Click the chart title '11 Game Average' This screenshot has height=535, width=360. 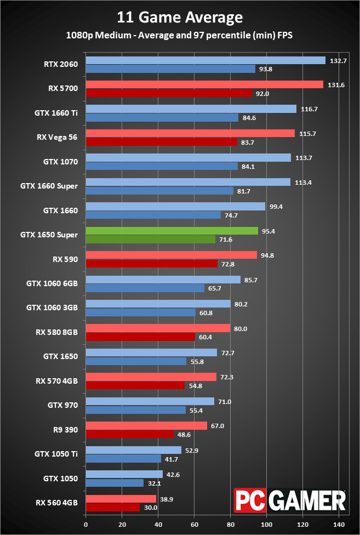180,18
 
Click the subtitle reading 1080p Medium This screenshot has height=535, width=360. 180,36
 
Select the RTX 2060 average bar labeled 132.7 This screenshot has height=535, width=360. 205,60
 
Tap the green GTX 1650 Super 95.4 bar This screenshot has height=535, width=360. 172,231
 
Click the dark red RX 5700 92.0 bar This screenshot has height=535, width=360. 169,93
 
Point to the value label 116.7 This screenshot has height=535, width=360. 310,109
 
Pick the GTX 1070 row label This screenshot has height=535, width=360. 60,162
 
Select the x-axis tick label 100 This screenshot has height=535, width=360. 266,525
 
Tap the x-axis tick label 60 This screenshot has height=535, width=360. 194,525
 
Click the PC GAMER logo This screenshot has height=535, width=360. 290,500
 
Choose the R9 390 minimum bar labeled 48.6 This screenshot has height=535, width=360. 129,434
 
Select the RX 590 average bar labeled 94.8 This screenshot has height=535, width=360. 171,255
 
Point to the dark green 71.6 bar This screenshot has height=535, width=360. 150,240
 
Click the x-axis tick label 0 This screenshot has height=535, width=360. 85,525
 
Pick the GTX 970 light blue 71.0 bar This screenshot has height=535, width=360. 150,401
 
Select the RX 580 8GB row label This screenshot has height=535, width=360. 56,332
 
